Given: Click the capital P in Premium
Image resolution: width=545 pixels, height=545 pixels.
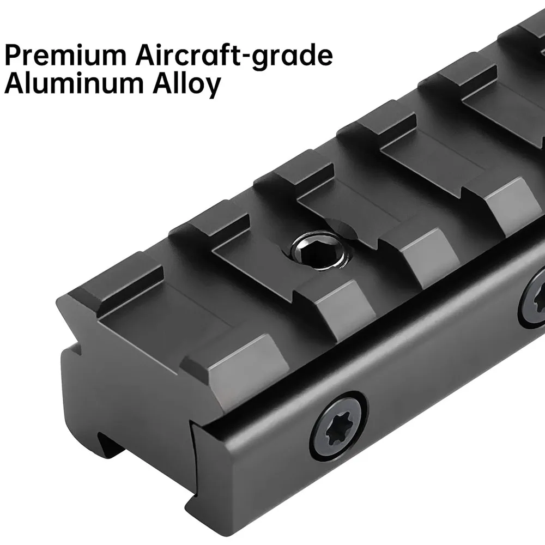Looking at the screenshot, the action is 13,55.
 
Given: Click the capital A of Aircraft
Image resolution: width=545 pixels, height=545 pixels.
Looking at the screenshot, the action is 146,55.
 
